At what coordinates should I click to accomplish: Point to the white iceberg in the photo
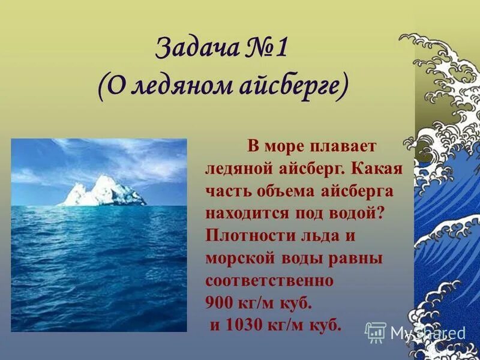(x=101, y=191)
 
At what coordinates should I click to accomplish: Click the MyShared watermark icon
(x=375, y=332)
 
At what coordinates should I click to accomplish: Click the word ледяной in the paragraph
(x=236, y=169)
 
